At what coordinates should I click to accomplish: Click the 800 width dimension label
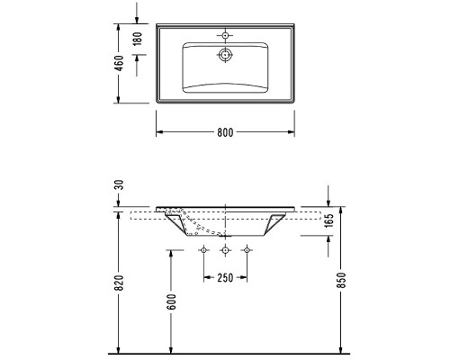[225, 132]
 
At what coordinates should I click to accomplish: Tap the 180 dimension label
[137, 40]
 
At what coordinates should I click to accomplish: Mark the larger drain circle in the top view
[224, 55]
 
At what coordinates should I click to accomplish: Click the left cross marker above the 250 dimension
[204, 247]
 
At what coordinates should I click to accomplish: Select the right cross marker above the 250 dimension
[246, 247]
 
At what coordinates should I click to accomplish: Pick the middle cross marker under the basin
[225, 247]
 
